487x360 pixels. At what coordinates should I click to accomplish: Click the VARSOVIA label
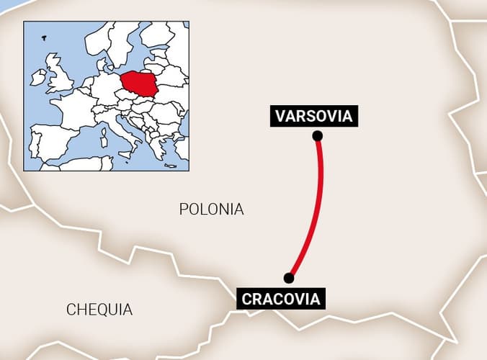(x=314, y=117)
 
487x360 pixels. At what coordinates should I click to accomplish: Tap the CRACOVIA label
(x=281, y=298)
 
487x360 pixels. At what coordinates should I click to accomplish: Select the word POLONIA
(x=211, y=210)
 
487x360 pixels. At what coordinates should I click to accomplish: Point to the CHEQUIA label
(x=99, y=310)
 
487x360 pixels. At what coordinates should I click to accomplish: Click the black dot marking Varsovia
(x=317, y=135)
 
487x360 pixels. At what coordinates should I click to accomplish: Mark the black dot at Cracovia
(x=289, y=278)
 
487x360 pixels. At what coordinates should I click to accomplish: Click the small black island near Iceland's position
(x=43, y=37)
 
